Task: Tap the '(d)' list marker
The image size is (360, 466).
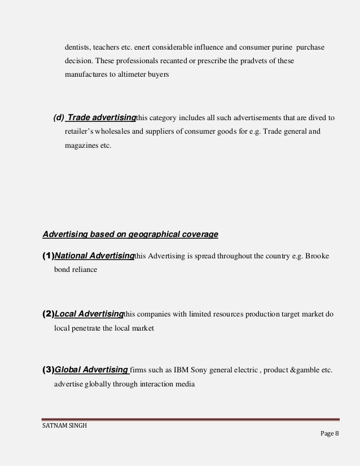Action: point(59,118)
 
